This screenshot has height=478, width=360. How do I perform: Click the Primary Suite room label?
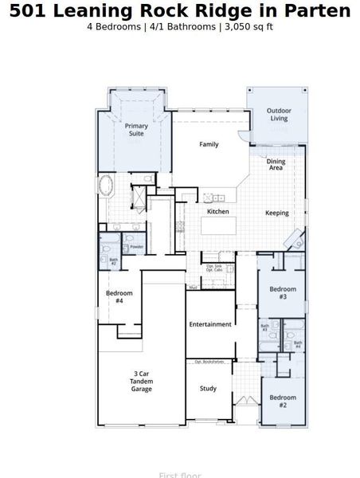pos(135,130)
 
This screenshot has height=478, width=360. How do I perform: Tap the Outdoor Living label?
pos(278,115)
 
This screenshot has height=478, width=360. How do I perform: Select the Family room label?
pos(209,144)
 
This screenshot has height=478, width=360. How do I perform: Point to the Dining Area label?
pos(276,165)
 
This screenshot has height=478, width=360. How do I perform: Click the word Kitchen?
pos(218,212)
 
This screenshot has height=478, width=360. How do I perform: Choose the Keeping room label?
pos(276,213)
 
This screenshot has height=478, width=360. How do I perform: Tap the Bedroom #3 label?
pos(282,292)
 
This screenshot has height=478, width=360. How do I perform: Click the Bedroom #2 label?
pos(282,401)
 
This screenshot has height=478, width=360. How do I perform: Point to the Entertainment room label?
pos(210,324)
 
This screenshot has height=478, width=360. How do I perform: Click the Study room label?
pos(208,389)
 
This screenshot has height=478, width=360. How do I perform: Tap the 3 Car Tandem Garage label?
pos(142,382)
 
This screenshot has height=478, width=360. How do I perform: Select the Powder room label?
pos(136,247)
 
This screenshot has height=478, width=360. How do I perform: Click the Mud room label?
pos(193,287)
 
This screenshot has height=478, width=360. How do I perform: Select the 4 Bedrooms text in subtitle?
pos(116,26)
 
